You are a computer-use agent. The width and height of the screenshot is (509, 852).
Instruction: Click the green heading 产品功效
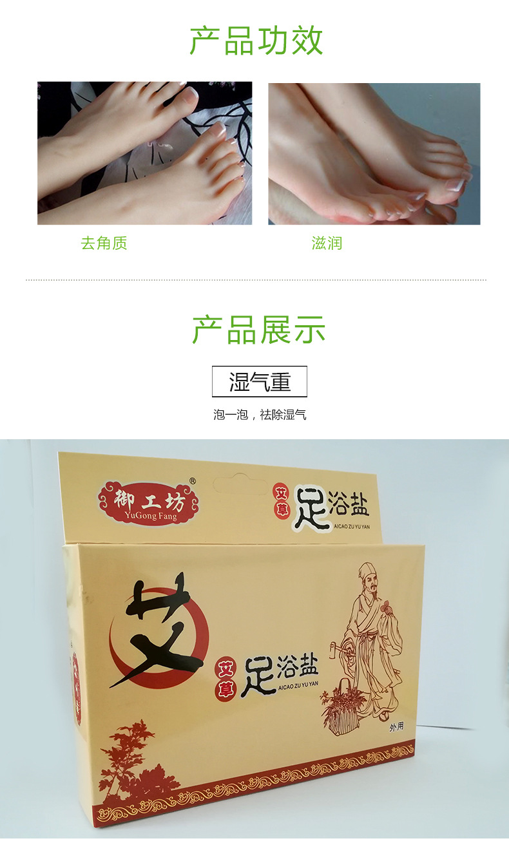pos(256,41)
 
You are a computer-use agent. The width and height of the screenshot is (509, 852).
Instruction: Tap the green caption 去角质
pos(104,243)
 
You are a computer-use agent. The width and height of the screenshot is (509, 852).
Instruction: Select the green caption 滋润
pos(327,243)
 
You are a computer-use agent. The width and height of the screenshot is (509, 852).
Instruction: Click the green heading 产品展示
pos(258,330)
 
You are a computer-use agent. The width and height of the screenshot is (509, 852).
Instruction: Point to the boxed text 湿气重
pos(260,381)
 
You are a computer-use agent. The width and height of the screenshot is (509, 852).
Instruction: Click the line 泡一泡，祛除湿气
pos(260,415)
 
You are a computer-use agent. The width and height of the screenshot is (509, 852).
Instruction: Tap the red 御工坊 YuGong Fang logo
pos(148,503)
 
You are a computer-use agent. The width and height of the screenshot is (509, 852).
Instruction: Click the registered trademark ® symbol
pos(193,481)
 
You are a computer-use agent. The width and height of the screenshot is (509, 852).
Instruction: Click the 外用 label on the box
pos(396,727)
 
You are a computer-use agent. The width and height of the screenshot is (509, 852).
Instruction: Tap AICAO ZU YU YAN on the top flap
pos(352,527)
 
